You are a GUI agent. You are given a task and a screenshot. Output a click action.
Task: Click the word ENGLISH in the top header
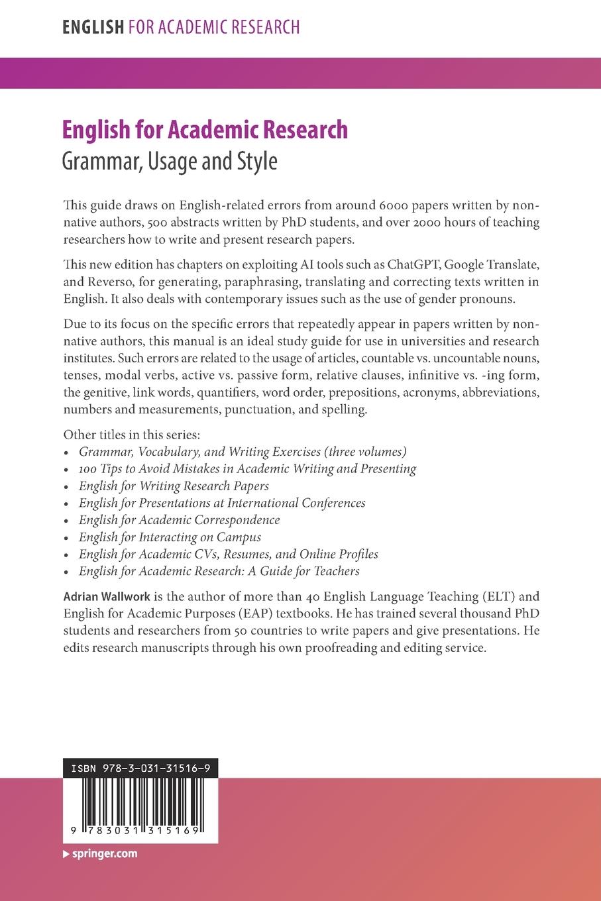click(93, 27)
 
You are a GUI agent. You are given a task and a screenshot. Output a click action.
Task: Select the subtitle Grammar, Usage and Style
click(169, 161)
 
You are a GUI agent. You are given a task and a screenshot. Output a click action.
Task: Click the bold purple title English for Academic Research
click(205, 129)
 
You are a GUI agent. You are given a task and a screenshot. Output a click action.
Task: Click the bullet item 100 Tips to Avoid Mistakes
click(247, 468)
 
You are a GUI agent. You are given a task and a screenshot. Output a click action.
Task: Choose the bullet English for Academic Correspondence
click(179, 520)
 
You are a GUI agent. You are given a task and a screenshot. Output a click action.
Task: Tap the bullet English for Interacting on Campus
click(170, 537)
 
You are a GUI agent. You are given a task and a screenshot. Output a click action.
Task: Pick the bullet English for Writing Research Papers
click(174, 486)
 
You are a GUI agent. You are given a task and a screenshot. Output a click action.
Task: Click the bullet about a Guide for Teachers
click(219, 571)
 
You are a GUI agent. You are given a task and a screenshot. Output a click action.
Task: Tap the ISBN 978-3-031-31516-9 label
click(140, 768)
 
